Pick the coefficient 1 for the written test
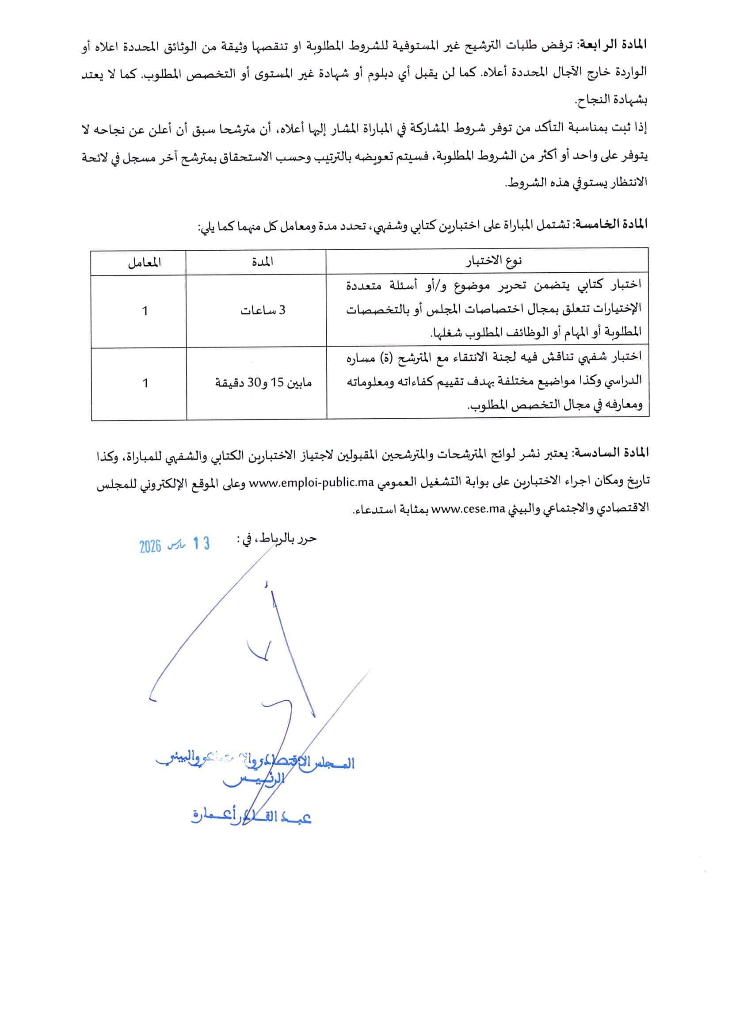[x=145, y=311]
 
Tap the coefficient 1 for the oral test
[x=145, y=383]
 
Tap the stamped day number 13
[x=201, y=544]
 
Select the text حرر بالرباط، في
[x=276, y=538]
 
